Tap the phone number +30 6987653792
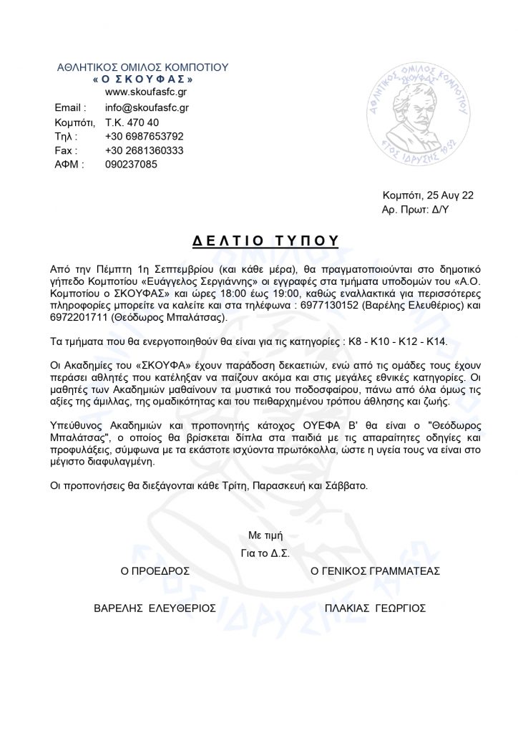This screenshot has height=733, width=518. [144, 136]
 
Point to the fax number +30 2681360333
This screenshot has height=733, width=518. [144, 150]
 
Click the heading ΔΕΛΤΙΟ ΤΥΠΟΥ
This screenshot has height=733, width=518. [266, 241]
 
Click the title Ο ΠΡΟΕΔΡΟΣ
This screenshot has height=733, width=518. [155, 571]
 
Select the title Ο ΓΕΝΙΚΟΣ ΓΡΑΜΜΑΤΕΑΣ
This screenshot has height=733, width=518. [375, 571]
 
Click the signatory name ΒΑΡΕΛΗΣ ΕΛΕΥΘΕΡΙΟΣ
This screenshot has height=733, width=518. [155, 608]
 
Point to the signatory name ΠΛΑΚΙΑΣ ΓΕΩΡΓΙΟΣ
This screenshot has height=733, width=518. [375, 608]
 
